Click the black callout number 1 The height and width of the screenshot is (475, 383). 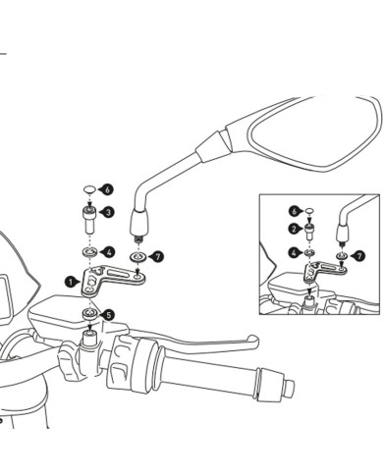pos(71,282)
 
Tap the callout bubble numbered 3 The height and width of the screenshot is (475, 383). pos(108,212)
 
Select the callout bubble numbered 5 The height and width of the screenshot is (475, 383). pos(109,315)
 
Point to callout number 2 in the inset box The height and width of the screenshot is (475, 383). pos(294,229)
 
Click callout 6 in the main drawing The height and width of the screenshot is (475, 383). pos(108,189)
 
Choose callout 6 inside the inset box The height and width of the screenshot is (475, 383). pos(294,211)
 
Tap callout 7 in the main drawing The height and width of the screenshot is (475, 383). pos(158,256)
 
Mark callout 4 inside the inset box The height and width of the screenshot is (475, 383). pos(294,253)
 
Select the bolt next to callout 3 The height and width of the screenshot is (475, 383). pos(89,220)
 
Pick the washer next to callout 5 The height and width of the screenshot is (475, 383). pos(89,314)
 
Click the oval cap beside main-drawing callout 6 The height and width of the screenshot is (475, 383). pos(89,189)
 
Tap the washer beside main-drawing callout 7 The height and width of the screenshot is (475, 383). pos(137,257)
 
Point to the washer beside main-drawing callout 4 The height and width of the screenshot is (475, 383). pos(89,252)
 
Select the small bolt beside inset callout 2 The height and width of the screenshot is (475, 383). pos(309,232)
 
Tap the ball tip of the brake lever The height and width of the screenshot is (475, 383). pos(253,341)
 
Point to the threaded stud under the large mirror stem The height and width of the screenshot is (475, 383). pos(138,239)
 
